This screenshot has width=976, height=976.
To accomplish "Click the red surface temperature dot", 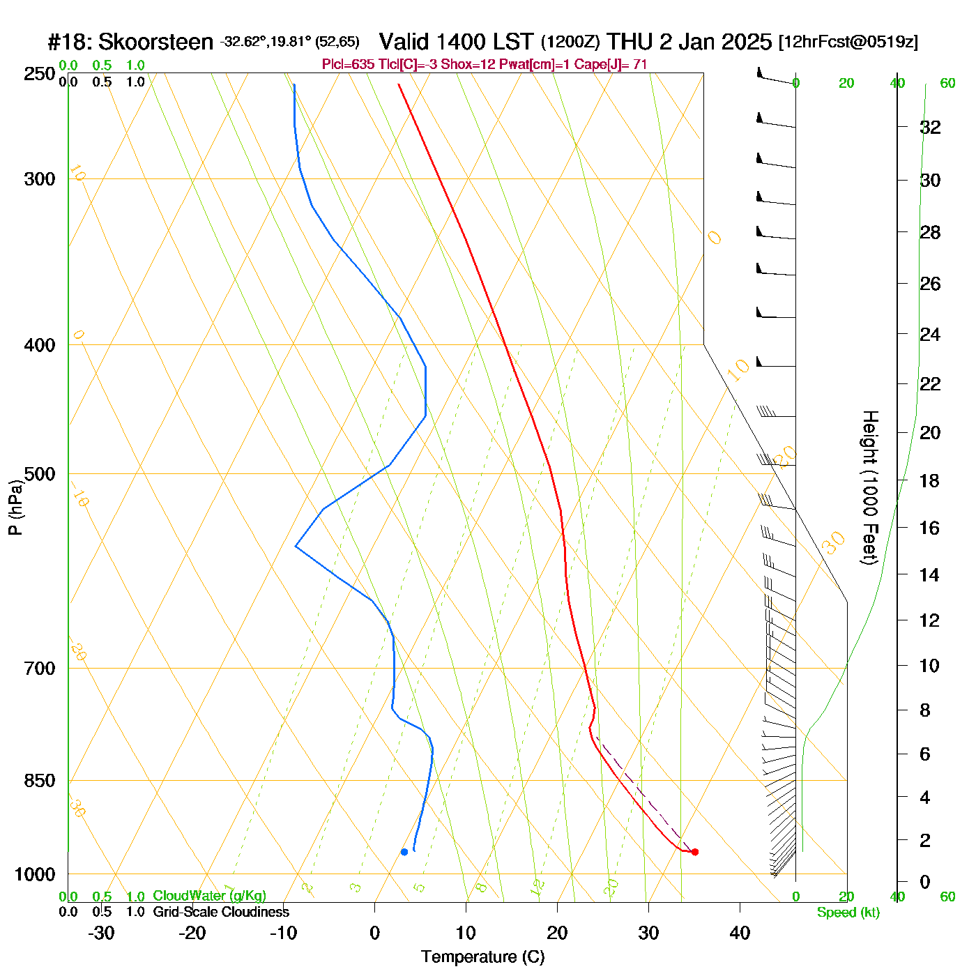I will (694, 852).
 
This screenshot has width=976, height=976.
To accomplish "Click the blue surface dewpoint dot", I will (404, 852).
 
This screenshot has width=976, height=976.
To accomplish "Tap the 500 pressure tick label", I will (40, 474).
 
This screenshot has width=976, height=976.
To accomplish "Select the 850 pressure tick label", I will (40, 781).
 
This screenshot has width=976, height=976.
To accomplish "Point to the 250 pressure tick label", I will (40, 74).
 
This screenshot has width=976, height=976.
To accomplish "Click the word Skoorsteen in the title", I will (155, 43).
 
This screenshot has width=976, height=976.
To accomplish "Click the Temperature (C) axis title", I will (482, 957).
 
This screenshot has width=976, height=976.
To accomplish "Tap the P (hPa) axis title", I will (15, 508).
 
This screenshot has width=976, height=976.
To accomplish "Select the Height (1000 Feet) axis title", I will (869, 488).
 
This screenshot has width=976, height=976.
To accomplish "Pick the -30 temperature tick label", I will (101, 933).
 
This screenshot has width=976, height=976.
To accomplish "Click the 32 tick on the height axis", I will (930, 128).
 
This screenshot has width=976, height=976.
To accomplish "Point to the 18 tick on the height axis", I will (930, 481).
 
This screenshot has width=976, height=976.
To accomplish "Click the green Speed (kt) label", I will (848, 913).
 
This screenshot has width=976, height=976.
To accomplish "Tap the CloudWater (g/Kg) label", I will (209, 896).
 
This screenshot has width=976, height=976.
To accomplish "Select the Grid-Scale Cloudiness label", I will (221, 912).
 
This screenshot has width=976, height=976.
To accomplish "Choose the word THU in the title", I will (630, 42).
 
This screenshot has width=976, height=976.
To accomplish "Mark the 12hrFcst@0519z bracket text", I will (848, 42).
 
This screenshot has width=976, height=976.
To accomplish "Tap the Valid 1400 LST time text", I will (456, 42).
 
